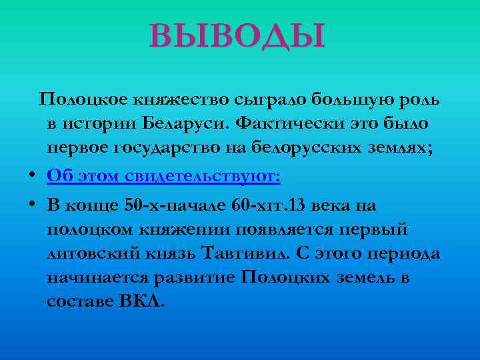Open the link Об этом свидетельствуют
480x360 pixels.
(164, 177)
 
